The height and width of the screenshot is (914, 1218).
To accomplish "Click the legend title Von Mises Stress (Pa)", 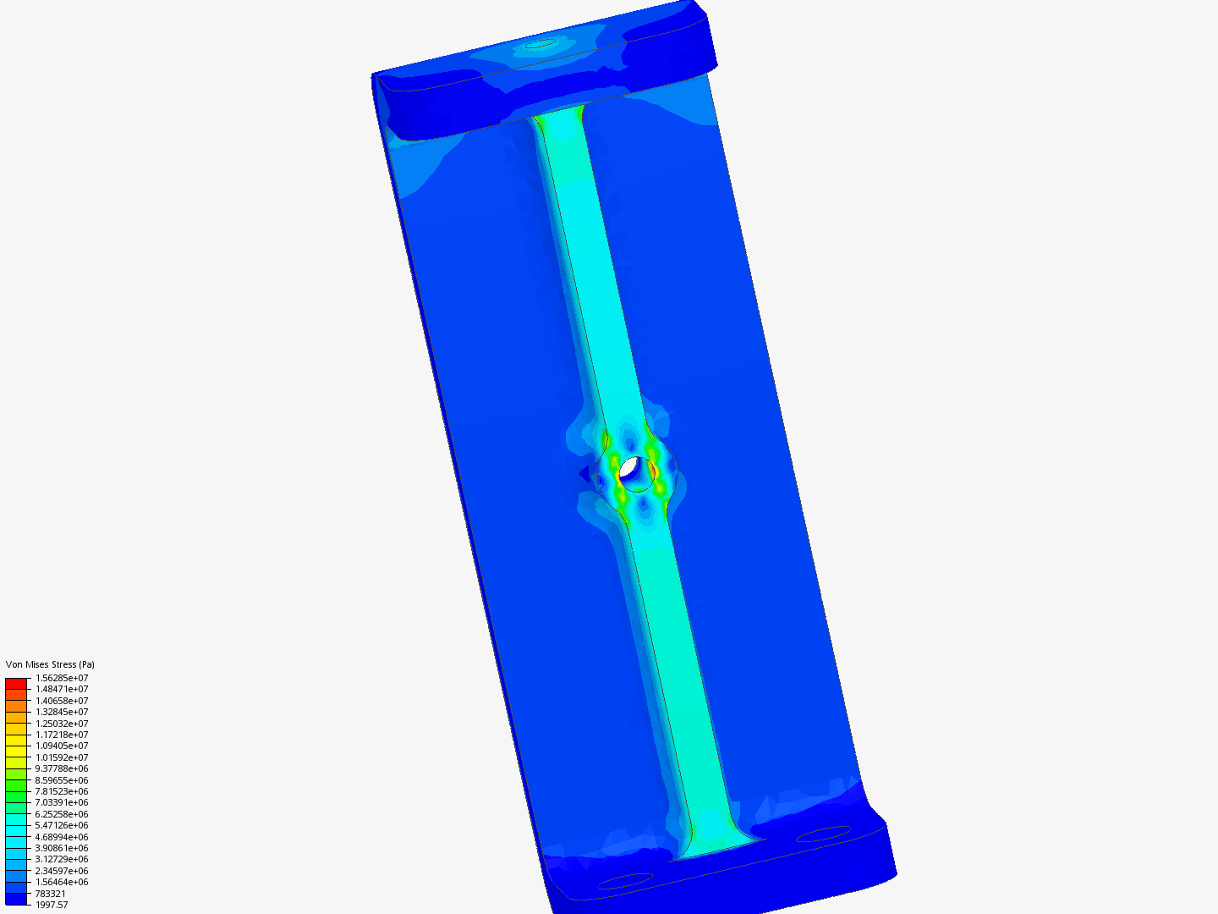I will [x=50, y=664].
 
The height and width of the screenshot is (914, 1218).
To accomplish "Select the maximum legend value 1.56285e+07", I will [x=62, y=678].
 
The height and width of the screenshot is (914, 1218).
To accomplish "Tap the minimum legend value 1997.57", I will [x=52, y=905].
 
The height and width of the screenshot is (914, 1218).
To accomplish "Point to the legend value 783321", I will [x=51, y=894].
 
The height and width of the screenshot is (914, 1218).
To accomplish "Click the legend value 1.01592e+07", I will [x=62, y=757].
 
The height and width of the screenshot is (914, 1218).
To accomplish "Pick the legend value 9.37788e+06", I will [x=62, y=768].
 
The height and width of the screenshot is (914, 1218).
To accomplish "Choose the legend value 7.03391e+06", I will [x=62, y=802].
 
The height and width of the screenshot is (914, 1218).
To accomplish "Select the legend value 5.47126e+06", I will [x=62, y=825].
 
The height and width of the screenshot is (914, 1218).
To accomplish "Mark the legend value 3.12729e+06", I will [x=62, y=859].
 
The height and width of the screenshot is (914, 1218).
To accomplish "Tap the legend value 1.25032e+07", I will [x=62, y=724].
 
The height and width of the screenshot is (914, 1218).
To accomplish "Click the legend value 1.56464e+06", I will [x=62, y=882].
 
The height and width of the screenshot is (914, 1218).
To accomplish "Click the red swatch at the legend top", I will [x=16, y=683].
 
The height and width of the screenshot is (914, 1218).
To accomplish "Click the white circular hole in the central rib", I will [x=631, y=468].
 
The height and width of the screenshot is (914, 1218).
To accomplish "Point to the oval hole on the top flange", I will [x=540, y=43].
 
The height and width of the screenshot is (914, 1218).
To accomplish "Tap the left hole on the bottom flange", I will [x=625, y=881].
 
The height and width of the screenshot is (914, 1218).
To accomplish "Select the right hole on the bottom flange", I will [x=823, y=834].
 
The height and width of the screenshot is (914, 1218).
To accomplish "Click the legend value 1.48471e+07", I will [x=62, y=689].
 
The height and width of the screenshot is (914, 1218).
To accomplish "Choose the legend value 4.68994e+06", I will [x=62, y=836].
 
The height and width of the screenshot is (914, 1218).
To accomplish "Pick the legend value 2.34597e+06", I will [x=62, y=871].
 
